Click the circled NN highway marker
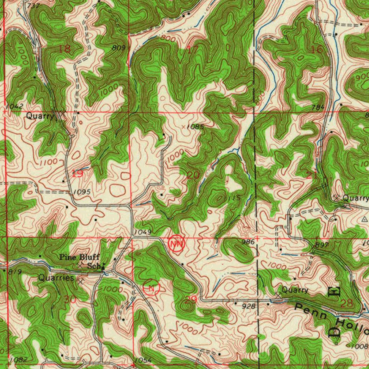(177, 244)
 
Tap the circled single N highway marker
(151, 288)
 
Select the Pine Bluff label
(79, 257)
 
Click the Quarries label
(56, 278)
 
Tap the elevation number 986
(248, 242)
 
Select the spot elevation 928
(249, 306)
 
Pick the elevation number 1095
(81, 192)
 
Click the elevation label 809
(119, 48)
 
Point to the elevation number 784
(319, 107)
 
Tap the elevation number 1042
(15, 106)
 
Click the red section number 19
(77, 174)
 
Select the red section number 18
(65, 49)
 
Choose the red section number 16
(317, 50)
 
